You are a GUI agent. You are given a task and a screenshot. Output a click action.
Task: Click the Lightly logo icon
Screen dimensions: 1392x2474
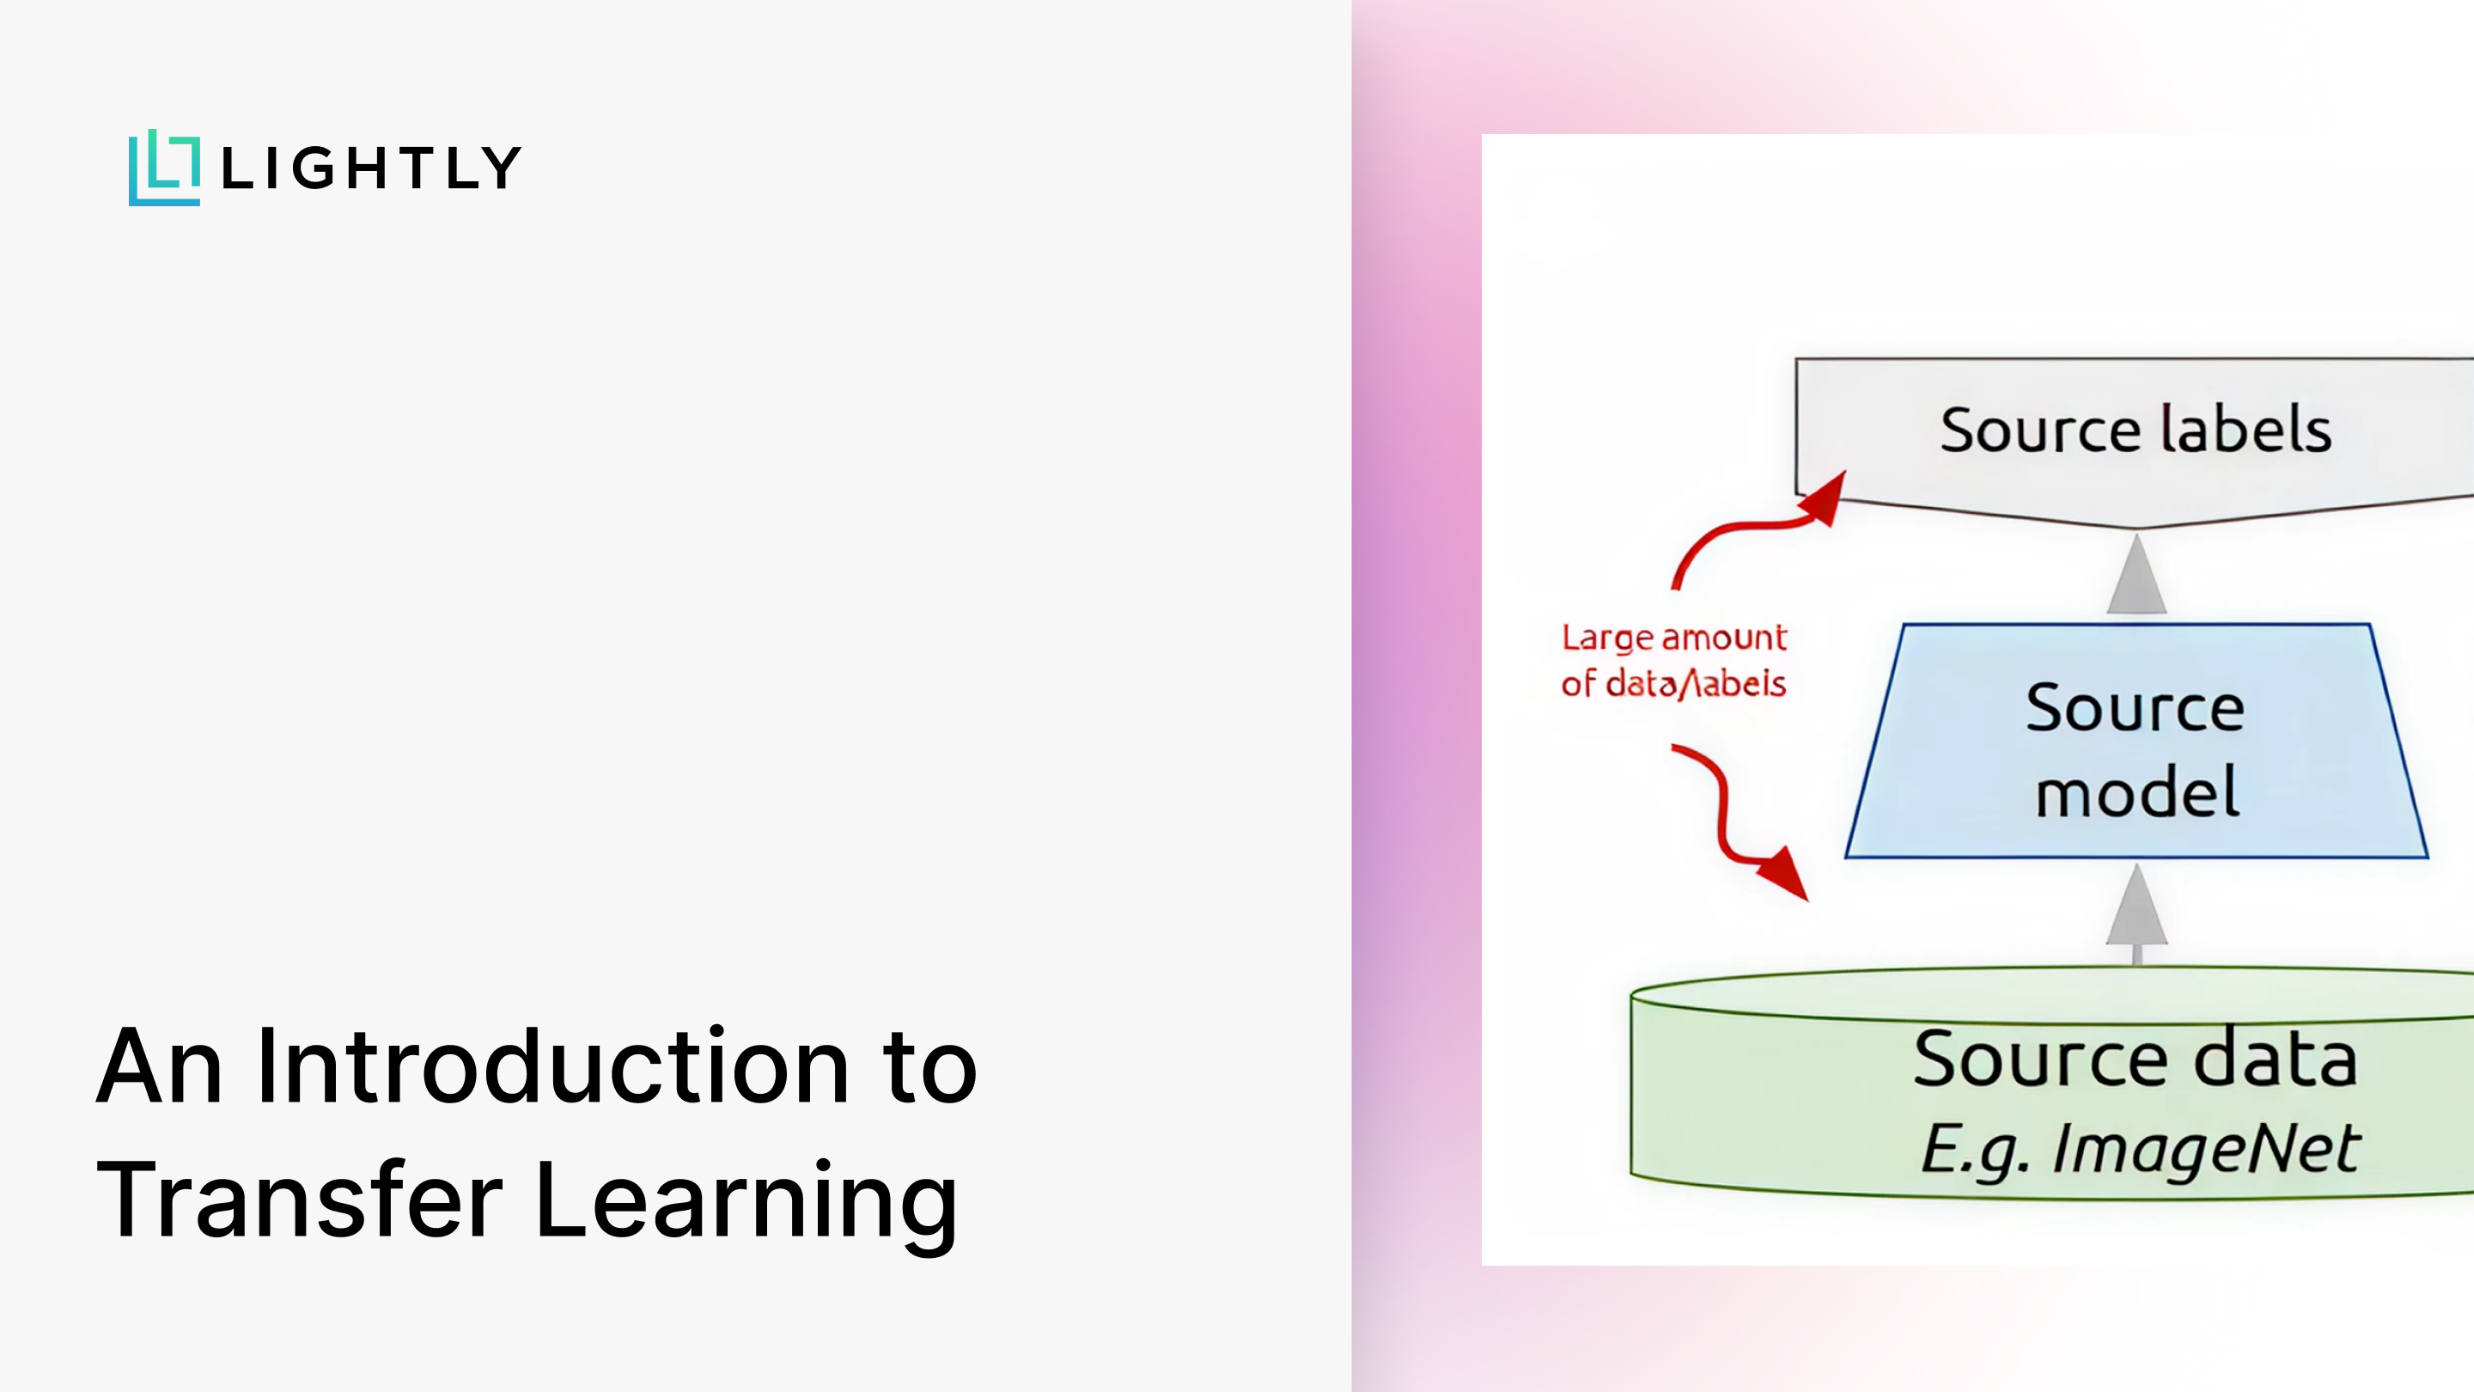(x=164, y=168)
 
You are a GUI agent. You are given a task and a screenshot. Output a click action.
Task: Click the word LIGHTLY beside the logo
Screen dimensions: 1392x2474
(x=371, y=168)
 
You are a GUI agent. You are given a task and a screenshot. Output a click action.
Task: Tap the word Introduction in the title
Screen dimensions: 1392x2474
(x=552, y=1065)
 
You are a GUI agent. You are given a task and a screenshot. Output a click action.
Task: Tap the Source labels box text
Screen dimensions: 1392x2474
(x=2135, y=430)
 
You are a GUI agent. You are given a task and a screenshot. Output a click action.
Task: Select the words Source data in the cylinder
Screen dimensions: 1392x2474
(x=2134, y=1059)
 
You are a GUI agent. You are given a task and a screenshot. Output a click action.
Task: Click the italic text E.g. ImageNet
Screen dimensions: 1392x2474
(x=2139, y=1149)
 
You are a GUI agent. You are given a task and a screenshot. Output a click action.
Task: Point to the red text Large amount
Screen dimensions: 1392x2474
(x=1673, y=638)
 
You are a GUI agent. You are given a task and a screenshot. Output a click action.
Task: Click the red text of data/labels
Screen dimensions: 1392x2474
(x=1673, y=684)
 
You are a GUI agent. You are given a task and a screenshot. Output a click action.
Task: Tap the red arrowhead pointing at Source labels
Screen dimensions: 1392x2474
(x=1824, y=498)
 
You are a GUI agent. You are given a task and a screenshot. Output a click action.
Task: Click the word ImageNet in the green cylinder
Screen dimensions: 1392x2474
(x=2205, y=1149)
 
